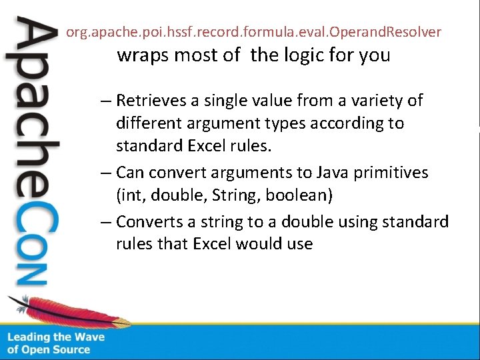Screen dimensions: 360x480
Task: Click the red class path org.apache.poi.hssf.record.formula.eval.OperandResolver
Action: point(253,31)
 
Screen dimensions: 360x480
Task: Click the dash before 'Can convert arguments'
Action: point(107,173)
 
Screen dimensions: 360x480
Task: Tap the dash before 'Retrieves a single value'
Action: point(107,101)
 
